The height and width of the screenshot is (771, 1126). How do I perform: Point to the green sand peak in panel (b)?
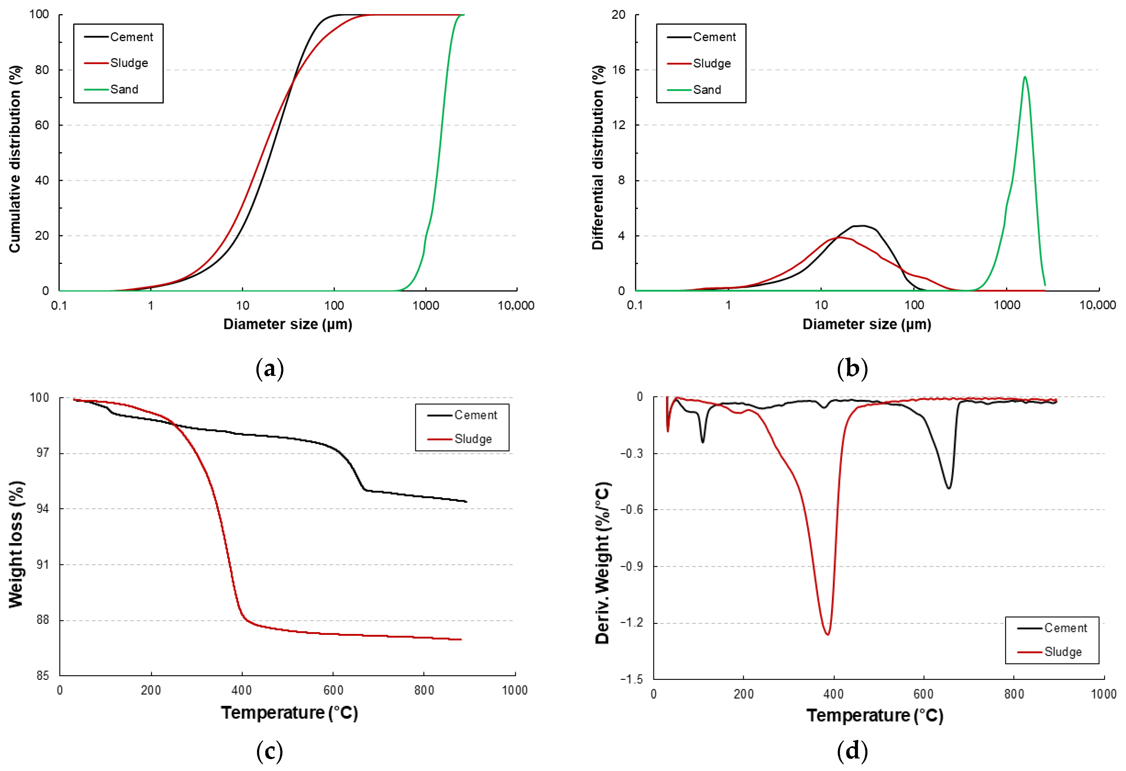[x=1025, y=77]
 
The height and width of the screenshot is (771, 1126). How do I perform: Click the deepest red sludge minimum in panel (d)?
[x=828, y=634]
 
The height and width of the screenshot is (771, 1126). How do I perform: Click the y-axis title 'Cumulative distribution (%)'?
[x=15, y=159]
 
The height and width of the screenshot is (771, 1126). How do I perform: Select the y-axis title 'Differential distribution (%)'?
[x=598, y=158]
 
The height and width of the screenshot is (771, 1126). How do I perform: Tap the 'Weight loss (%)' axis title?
[x=16, y=544]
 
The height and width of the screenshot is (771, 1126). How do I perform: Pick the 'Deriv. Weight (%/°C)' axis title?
[x=602, y=563]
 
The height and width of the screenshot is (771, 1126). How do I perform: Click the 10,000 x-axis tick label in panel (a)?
[x=516, y=306]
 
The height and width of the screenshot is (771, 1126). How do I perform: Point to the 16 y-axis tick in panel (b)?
[x=619, y=70]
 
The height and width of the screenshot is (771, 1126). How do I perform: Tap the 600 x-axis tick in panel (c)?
[x=333, y=690]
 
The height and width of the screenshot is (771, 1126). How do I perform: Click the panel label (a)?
[x=269, y=369]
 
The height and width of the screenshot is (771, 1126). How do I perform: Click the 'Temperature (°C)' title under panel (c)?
[x=289, y=713]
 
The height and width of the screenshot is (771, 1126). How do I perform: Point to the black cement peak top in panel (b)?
[x=863, y=226]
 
